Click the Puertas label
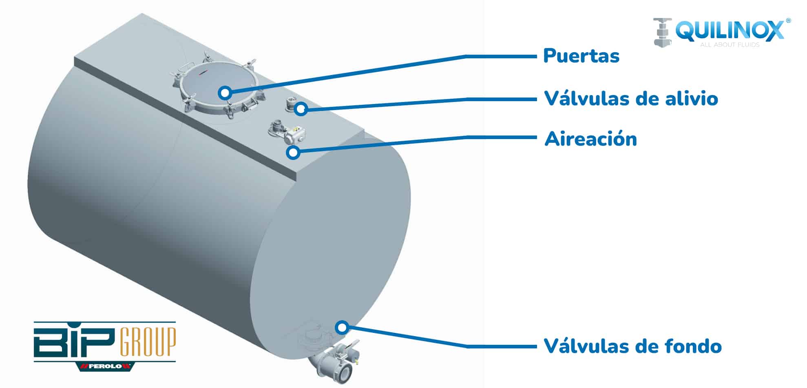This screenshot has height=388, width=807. [x=581, y=56]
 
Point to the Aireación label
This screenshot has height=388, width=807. [x=590, y=139]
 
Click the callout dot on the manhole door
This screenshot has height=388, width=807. [x=225, y=93]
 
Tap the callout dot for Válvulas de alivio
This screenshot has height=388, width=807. [x=301, y=109]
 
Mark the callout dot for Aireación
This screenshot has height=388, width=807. [x=293, y=153]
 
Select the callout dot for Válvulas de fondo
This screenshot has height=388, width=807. [x=342, y=327]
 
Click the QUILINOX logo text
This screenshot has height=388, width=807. [x=730, y=31]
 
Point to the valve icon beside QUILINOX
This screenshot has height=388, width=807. [x=663, y=32]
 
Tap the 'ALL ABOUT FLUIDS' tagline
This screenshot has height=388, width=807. [x=730, y=44]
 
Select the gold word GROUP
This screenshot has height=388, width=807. [x=148, y=342]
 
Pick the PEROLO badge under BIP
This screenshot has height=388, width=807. [x=105, y=366]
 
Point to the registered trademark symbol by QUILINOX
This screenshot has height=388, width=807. [x=788, y=20]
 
